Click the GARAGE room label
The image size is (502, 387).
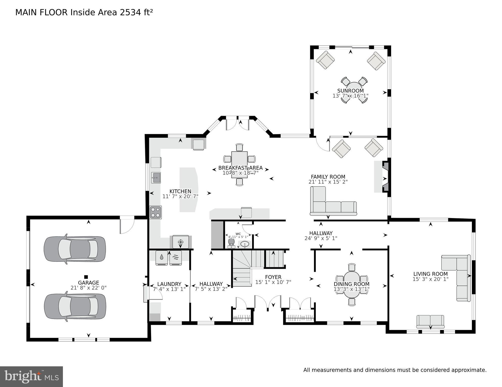(x=88, y=283)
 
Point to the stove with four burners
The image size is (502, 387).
(x=155, y=212)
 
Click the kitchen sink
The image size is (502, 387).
(x=156, y=178)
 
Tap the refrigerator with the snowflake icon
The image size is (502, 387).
(x=180, y=242)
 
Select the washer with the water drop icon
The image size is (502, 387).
(x=161, y=257)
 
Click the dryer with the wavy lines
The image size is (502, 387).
(x=176, y=257)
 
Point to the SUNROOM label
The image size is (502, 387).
(x=350, y=91)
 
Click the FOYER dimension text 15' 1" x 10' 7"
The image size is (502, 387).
(x=273, y=282)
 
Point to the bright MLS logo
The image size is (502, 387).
(x=31, y=376)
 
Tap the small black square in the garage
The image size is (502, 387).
(x=86, y=277)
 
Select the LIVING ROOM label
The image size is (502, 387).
(x=431, y=274)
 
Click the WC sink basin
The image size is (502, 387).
(x=244, y=244)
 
